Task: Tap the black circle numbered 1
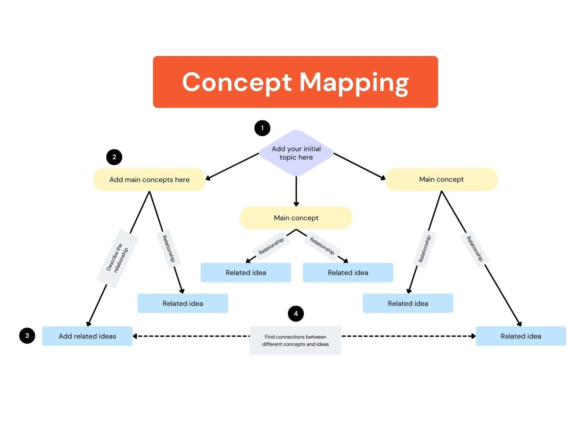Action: [x=262, y=128]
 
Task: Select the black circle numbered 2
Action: [x=114, y=157]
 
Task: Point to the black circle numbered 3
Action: [x=27, y=336]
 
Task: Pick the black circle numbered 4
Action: [x=296, y=314]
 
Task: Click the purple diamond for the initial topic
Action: [x=296, y=153]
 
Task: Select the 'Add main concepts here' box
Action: [x=149, y=180]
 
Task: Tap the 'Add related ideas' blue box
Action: [x=87, y=336]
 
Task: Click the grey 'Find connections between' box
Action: [x=295, y=341]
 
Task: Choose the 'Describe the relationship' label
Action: [x=118, y=258]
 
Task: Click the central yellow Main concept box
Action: [x=296, y=218]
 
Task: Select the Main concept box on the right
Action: [x=441, y=179]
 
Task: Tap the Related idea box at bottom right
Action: [x=521, y=336]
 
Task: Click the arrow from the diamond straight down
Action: [x=296, y=191]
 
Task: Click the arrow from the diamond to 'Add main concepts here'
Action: [x=232, y=167]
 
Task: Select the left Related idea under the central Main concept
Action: [x=246, y=273]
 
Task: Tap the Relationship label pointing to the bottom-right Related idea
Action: [x=475, y=249]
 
